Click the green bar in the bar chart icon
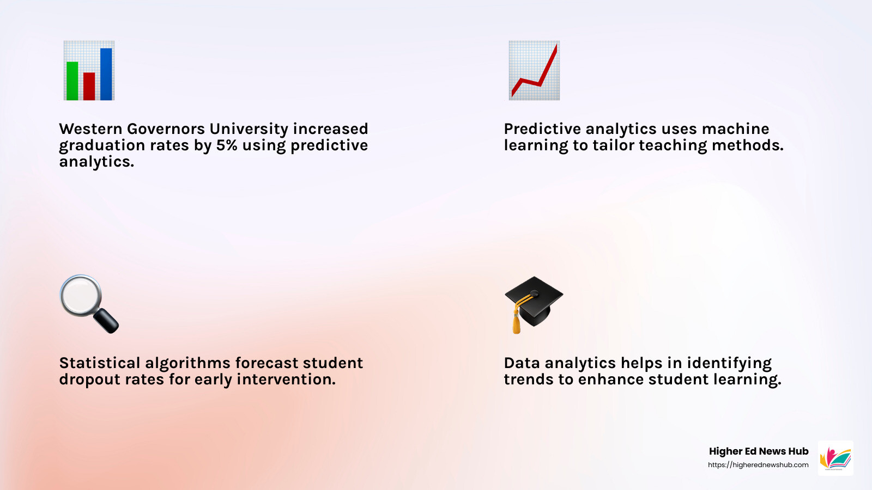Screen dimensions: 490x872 click(72, 81)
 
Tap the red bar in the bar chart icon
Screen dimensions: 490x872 click(89, 87)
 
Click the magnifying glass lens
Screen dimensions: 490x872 click(81, 296)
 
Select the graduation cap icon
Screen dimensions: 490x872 click(534, 302)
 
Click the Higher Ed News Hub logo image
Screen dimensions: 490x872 click(835, 458)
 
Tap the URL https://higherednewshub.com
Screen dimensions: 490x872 click(758, 465)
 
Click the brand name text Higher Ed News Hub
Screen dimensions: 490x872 click(758, 451)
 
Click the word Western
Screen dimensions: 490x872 click(90, 129)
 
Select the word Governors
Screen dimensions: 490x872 click(166, 129)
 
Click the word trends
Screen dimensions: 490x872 click(528, 379)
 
